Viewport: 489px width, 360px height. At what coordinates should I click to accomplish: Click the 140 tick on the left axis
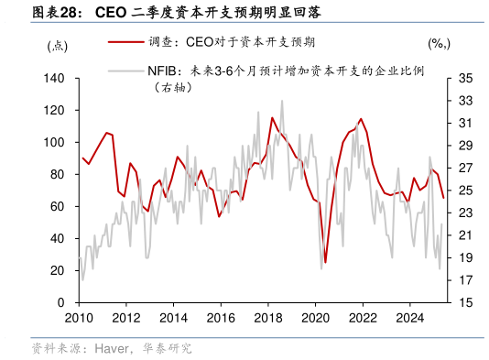54,79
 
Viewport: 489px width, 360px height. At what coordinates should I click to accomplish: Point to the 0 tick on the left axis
60,302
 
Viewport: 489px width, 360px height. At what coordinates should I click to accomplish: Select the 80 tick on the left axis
57,175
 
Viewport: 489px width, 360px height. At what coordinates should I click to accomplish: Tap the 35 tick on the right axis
464,79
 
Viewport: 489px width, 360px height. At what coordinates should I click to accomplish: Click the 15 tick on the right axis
464,302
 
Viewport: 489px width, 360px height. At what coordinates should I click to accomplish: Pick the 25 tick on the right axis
464,191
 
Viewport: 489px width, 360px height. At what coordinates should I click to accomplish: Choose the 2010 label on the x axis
79,318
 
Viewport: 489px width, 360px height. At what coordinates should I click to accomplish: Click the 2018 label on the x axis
267,318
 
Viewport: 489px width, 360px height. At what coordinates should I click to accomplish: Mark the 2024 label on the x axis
409,318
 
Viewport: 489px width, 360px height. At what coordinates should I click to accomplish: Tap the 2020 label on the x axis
315,318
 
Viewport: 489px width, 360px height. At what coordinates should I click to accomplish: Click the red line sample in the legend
125,42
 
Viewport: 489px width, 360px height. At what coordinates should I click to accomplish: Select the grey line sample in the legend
125,70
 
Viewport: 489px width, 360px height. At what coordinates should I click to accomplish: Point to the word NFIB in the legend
163,70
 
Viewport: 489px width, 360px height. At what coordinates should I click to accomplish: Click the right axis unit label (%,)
439,43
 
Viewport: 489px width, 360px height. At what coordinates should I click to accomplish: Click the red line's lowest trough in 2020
325,262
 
